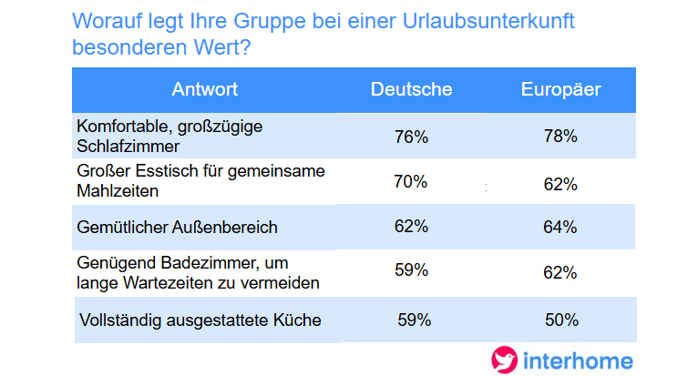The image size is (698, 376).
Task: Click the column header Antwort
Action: (204, 89)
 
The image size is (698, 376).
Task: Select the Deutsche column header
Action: (411, 89)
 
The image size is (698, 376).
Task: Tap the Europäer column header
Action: (560, 89)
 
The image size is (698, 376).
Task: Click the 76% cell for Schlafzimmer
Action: (411, 137)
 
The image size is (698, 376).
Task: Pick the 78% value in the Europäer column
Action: (560, 137)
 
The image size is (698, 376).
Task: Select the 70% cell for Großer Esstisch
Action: (411, 181)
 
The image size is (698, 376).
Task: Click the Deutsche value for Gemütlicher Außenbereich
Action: (411, 226)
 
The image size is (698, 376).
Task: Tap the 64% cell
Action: (560, 227)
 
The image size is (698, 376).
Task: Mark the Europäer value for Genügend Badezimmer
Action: (560, 272)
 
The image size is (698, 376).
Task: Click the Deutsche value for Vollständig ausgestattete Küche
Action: (415, 320)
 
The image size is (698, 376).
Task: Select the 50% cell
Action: (560, 320)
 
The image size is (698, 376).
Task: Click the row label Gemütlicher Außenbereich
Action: (177, 226)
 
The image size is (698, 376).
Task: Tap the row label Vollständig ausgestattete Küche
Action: (200, 320)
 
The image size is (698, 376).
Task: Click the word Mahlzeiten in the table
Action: (118, 191)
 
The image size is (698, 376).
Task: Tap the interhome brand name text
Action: (577, 361)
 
